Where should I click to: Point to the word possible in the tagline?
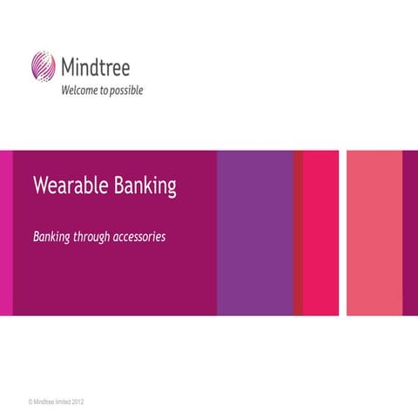click(x=125, y=90)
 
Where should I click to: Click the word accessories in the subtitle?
click(x=142, y=237)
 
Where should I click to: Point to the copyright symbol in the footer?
click(x=30, y=402)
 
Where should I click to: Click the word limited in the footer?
click(x=69, y=402)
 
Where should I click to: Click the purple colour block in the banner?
click(x=254, y=233)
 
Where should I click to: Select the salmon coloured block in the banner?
click(x=374, y=233)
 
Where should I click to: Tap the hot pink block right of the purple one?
click(x=320, y=233)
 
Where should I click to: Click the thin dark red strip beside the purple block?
click(x=298, y=233)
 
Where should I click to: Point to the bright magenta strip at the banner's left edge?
click(x=6, y=233)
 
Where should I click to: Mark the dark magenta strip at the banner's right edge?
click(x=410, y=233)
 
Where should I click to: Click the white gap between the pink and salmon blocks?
click(x=342, y=233)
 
